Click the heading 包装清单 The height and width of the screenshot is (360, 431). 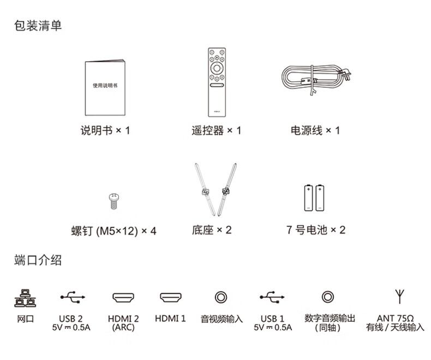click(x=38, y=26)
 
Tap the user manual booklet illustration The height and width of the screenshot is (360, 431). click(x=105, y=87)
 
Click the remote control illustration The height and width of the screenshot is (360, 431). click(x=217, y=82)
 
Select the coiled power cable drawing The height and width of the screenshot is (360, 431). click(x=316, y=79)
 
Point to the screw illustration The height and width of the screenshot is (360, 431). click(x=114, y=201)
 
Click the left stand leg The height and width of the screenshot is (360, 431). click(x=205, y=189)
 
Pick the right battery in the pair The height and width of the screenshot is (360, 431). click(x=320, y=198)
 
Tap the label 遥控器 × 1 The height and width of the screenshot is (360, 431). click(x=217, y=130)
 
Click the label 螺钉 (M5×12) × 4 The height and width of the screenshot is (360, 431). click(x=114, y=231)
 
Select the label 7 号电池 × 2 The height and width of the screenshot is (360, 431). click(x=316, y=230)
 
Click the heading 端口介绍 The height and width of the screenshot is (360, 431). click(x=38, y=260)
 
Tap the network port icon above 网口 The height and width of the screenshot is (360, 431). click(x=25, y=298)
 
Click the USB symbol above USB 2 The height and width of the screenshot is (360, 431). click(x=73, y=297)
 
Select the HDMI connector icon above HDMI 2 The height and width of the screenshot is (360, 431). click(x=123, y=297)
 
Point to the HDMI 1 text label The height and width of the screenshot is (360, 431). click(x=170, y=319)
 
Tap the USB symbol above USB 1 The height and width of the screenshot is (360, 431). click(x=272, y=297)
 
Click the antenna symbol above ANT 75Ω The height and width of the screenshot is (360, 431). click(x=399, y=296)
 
